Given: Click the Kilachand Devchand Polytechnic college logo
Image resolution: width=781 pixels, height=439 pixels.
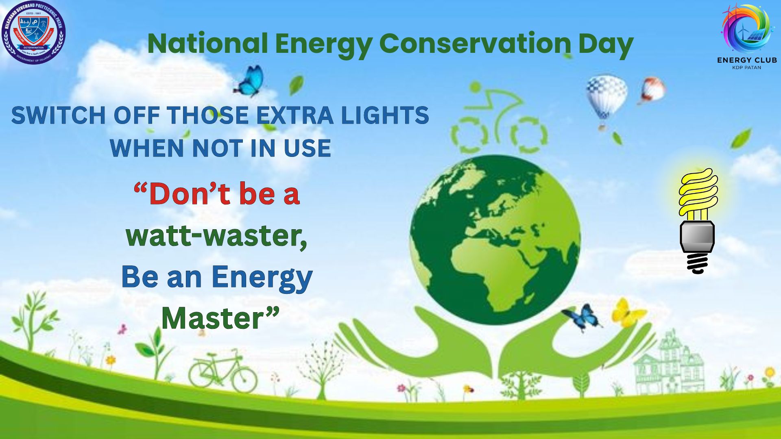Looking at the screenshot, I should pyautogui.click(x=33, y=32).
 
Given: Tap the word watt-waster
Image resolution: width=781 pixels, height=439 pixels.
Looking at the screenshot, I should pyautogui.click(x=216, y=236).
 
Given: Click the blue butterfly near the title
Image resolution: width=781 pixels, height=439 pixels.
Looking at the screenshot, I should pyautogui.click(x=250, y=81).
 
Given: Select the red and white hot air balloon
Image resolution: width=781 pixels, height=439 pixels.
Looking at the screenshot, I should pyautogui.click(x=652, y=90).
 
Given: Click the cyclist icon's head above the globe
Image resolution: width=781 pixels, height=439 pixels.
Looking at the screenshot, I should pyautogui.click(x=475, y=87).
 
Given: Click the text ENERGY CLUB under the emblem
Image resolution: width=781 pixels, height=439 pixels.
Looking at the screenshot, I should pyautogui.click(x=747, y=60).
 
